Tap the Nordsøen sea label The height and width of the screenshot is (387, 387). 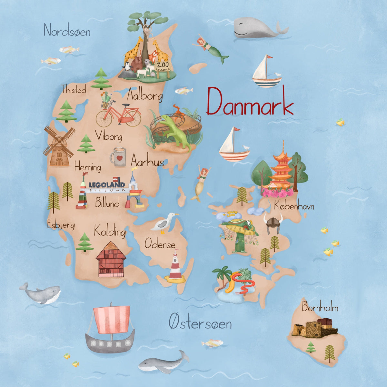pyautogui.click(x=67, y=31)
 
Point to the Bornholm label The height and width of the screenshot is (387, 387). pyautogui.click(x=320, y=308)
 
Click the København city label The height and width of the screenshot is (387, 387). pyautogui.click(x=294, y=206)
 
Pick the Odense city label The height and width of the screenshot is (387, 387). pyautogui.click(x=160, y=244)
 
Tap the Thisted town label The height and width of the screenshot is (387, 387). pyautogui.click(x=74, y=89)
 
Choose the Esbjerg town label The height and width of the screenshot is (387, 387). pyautogui.click(x=61, y=224)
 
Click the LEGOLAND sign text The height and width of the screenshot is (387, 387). pyautogui.click(x=106, y=184)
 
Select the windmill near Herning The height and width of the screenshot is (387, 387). pyautogui.click(x=59, y=146)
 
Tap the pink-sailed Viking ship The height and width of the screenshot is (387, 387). pyautogui.click(x=110, y=329)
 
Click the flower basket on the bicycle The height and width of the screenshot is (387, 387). pyautogui.click(x=105, y=104)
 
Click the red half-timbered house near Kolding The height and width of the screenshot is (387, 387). pyautogui.click(x=111, y=260)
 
